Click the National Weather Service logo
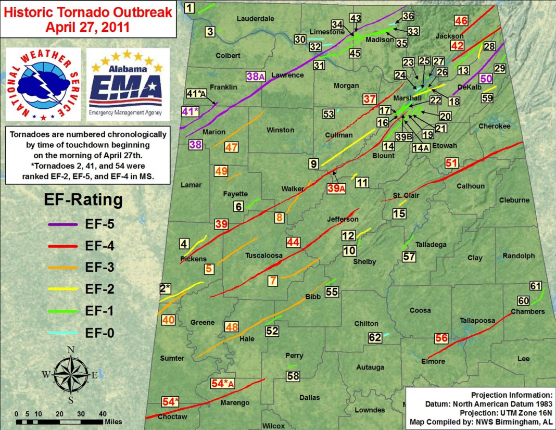click(x=43, y=85)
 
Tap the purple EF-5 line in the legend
click(x=62, y=224)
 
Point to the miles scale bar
click(x=59, y=421)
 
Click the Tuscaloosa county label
click(x=263, y=256)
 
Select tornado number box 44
click(x=293, y=242)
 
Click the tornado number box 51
click(x=451, y=163)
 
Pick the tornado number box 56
click(x=441, y=338)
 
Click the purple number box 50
click(x=486, y=79)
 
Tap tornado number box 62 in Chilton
click(x=375, y=338)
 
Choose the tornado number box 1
click(x=190, y=7)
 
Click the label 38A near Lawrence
click(x=256, y=77)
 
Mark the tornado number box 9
click(x=314, y=164)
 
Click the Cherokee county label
click(x=494, y=127)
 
